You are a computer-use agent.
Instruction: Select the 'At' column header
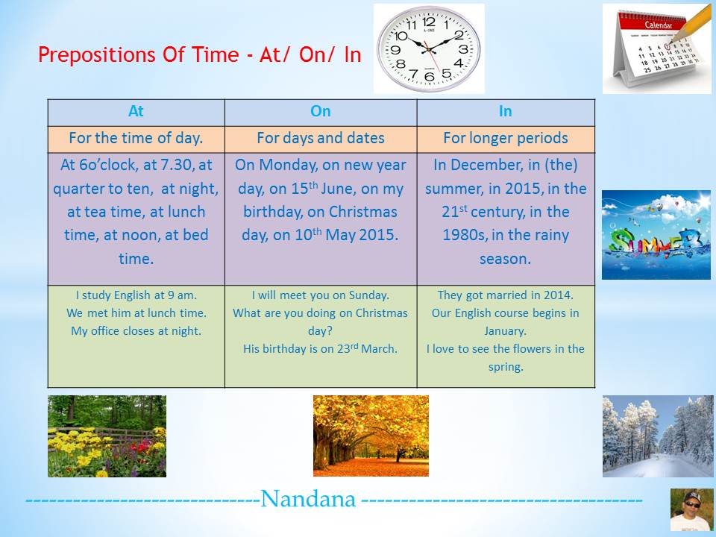136,111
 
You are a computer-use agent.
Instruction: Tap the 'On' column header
320,111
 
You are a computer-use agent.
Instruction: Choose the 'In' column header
505,111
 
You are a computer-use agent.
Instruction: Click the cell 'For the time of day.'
136,138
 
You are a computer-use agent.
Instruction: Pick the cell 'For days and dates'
320,138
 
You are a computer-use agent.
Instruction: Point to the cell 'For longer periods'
505,138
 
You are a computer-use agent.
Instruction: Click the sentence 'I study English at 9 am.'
136,295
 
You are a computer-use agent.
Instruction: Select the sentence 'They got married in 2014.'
505,295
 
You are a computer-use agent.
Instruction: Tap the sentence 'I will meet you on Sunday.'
320,295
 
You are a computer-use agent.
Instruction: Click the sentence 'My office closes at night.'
136,331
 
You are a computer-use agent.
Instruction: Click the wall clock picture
429,48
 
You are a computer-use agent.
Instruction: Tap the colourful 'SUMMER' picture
656,234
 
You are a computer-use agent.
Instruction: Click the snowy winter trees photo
657,436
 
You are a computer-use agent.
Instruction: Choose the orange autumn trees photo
371,436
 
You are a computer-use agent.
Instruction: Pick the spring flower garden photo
107,436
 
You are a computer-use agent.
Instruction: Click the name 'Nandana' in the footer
308,499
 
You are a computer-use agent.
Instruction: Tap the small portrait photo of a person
691,509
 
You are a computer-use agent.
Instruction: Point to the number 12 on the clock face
429,22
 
